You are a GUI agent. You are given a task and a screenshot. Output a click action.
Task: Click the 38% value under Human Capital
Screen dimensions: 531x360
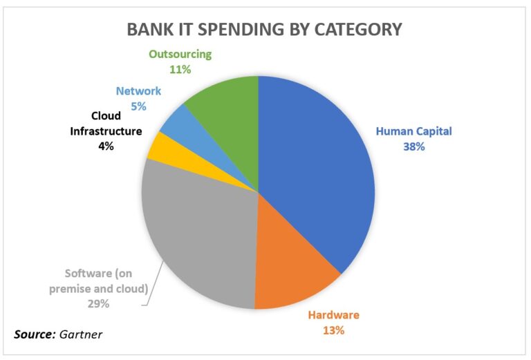414,146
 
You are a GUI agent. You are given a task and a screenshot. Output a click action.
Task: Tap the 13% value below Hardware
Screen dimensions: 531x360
333,330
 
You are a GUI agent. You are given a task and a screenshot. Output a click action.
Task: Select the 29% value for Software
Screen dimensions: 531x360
99,304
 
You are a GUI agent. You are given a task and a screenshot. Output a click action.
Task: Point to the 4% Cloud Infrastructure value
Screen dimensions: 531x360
106,146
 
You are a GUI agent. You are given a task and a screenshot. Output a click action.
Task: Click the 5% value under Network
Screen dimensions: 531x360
138,106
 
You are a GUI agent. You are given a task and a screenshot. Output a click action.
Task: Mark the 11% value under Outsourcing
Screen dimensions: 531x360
180,69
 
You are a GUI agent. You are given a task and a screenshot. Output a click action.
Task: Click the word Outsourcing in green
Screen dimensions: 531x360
180,54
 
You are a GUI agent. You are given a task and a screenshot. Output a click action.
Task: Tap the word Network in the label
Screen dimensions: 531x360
138,91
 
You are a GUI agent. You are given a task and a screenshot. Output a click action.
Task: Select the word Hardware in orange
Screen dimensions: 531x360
333,315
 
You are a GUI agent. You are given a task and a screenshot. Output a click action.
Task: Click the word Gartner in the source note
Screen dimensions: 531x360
81,334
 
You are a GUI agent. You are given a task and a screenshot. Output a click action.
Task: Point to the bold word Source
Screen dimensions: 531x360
35,334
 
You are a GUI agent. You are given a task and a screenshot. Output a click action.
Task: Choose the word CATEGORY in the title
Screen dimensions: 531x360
358,29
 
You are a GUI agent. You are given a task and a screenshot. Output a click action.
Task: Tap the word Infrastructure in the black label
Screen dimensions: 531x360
106,131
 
